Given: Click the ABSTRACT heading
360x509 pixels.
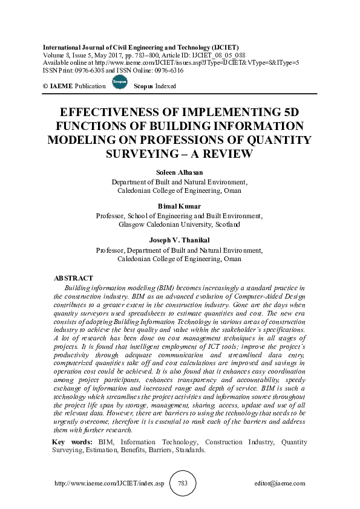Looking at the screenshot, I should tap(73, 277).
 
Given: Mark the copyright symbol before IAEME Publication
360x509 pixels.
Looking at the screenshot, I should tap(44, 86).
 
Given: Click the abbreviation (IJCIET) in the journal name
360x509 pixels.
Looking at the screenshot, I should tap(221, 47).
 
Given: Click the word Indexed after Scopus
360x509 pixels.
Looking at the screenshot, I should tap(165, 86).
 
